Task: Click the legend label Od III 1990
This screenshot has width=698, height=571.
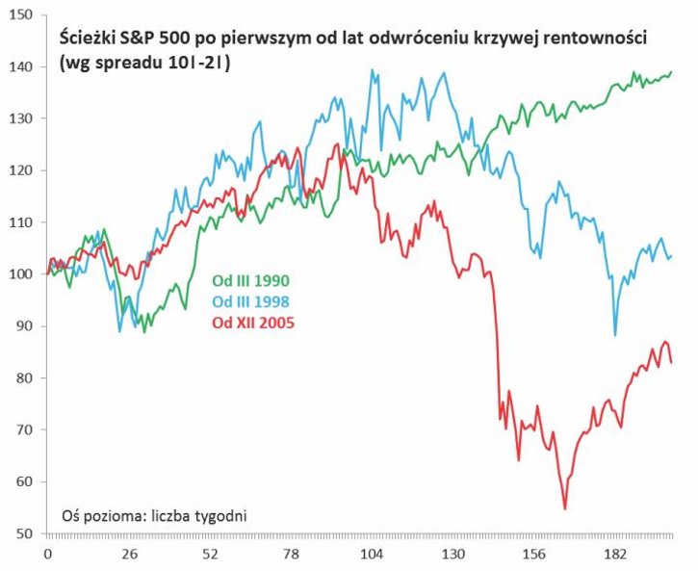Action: coord(250,281)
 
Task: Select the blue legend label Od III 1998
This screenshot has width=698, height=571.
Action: coord(250,301)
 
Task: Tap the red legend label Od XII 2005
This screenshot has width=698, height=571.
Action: coord(251,322)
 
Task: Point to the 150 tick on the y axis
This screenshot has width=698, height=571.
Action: coord(22,15)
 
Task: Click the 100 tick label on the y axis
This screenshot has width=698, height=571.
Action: coord(22,274)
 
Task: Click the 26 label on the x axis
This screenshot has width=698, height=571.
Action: coord(130,555)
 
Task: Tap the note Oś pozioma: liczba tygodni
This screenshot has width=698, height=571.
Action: coord(154,515)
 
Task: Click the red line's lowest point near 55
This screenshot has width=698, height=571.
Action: coord(565,508)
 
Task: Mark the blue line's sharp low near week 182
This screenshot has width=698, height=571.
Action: coord(615,334)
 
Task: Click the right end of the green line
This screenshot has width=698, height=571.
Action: coord(671,72)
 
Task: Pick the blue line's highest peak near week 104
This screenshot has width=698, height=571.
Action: coord(372,70)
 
